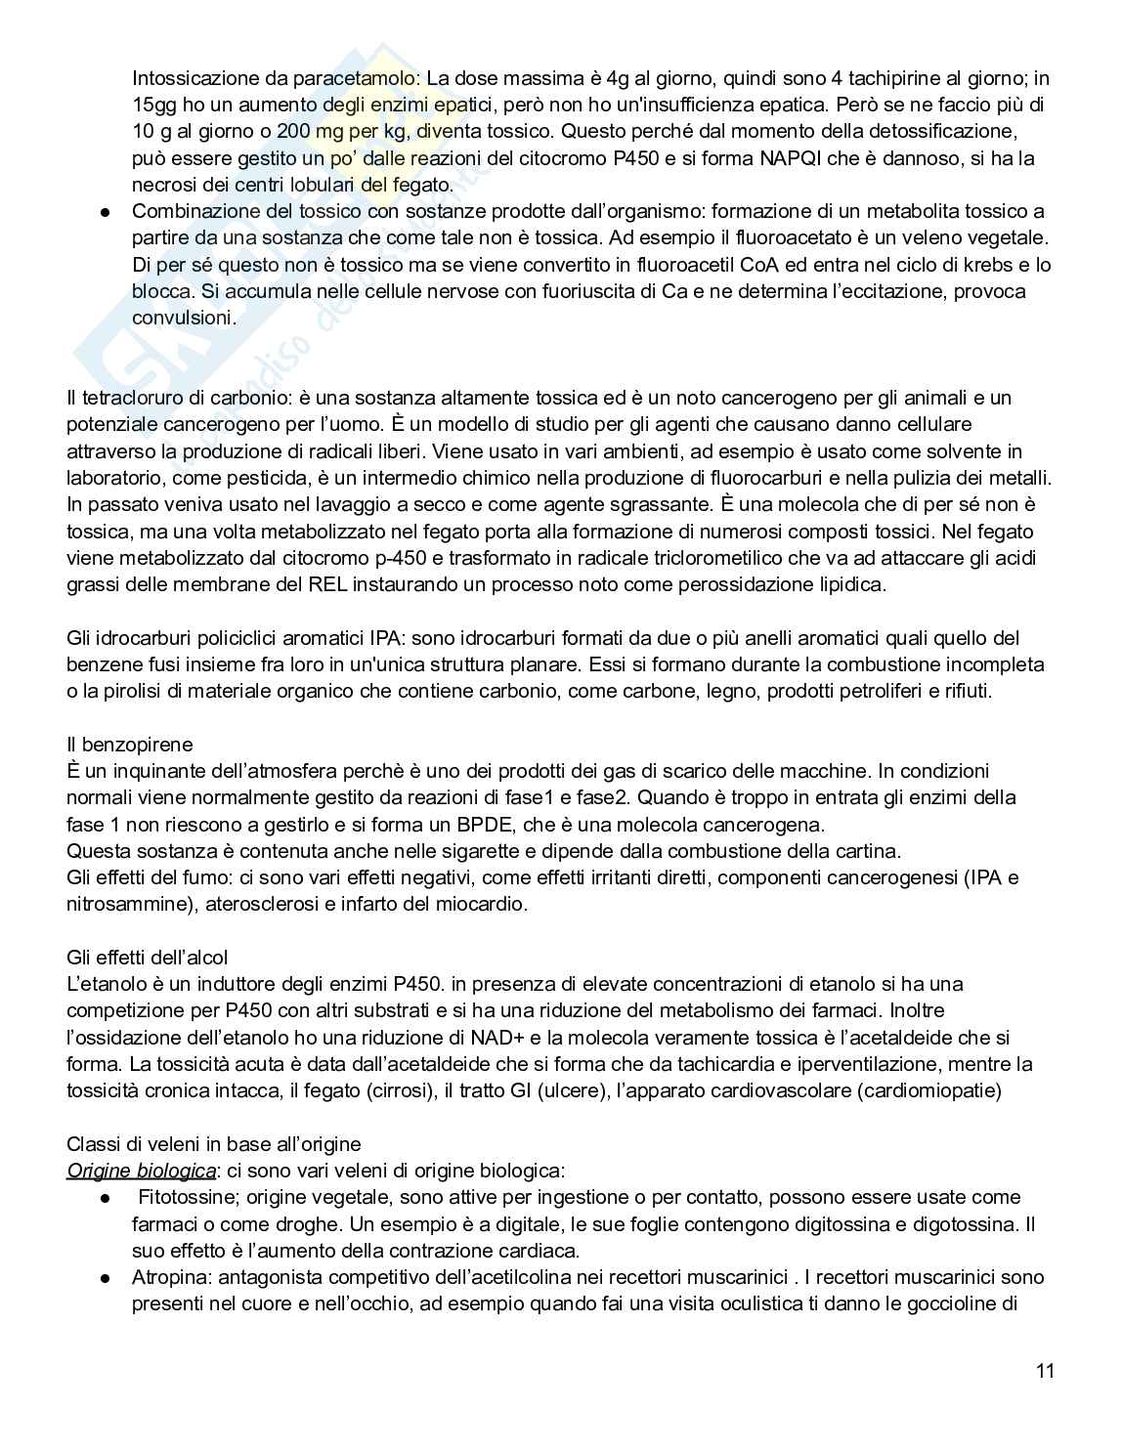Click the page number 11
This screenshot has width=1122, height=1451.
pyautogui.click(x=1045, y=1370)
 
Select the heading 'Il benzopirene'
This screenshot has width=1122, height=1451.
pyautogui.click(x=129, y=745)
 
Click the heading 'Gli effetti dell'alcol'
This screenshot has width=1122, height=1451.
pyautogui.click(x=148, y=957)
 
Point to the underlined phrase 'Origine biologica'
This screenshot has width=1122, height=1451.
pyautogui.click(x=141, y=1171)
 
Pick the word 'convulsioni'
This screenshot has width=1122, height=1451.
pyautogui.click(x=184, y=318)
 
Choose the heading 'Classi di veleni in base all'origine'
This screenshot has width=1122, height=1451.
pyautogui.click(x=213, y=1143)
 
